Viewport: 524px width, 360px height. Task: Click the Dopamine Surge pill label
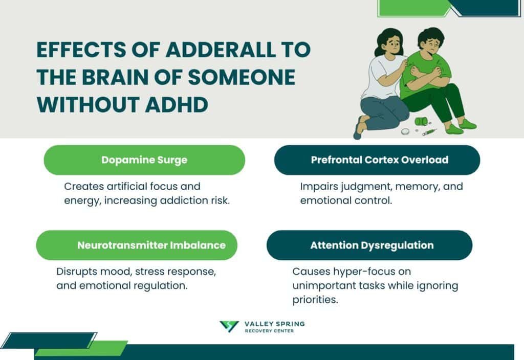coord(144,160)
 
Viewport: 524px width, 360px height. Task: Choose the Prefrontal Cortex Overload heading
coord(379,160)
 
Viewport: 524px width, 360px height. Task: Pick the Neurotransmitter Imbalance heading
coord(151,245)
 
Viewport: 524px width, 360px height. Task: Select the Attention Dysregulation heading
coord(372,245)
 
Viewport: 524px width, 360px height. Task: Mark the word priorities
coord(315,300)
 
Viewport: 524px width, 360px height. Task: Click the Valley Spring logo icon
coord(229,327)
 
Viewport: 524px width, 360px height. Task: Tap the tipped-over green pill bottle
coord(420,122)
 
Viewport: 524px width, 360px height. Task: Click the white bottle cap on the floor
coord(405,131)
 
